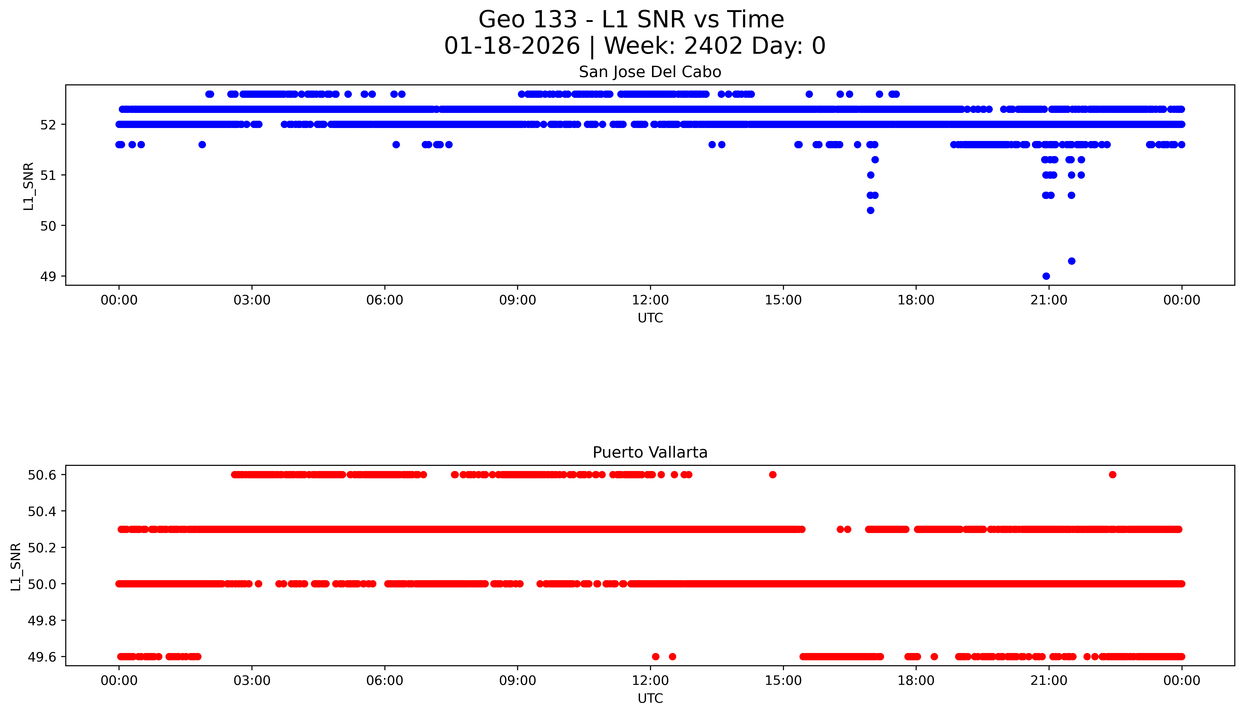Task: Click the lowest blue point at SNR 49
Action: point(1046,276)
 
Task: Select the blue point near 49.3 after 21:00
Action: point(1072,261)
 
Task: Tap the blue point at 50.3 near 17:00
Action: point(870,210)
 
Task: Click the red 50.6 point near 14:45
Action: point(773,474)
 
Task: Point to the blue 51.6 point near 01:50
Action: point(202,144)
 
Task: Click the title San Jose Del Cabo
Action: point(650,72)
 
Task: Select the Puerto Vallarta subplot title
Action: point(650,452)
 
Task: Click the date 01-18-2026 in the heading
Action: point(512,46)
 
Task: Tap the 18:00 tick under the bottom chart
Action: point(916,681)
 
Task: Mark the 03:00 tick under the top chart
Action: point(252,300)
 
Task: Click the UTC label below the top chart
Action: point(650,318)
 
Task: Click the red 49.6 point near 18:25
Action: point(934,657)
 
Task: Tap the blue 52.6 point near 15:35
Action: point(809,94)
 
